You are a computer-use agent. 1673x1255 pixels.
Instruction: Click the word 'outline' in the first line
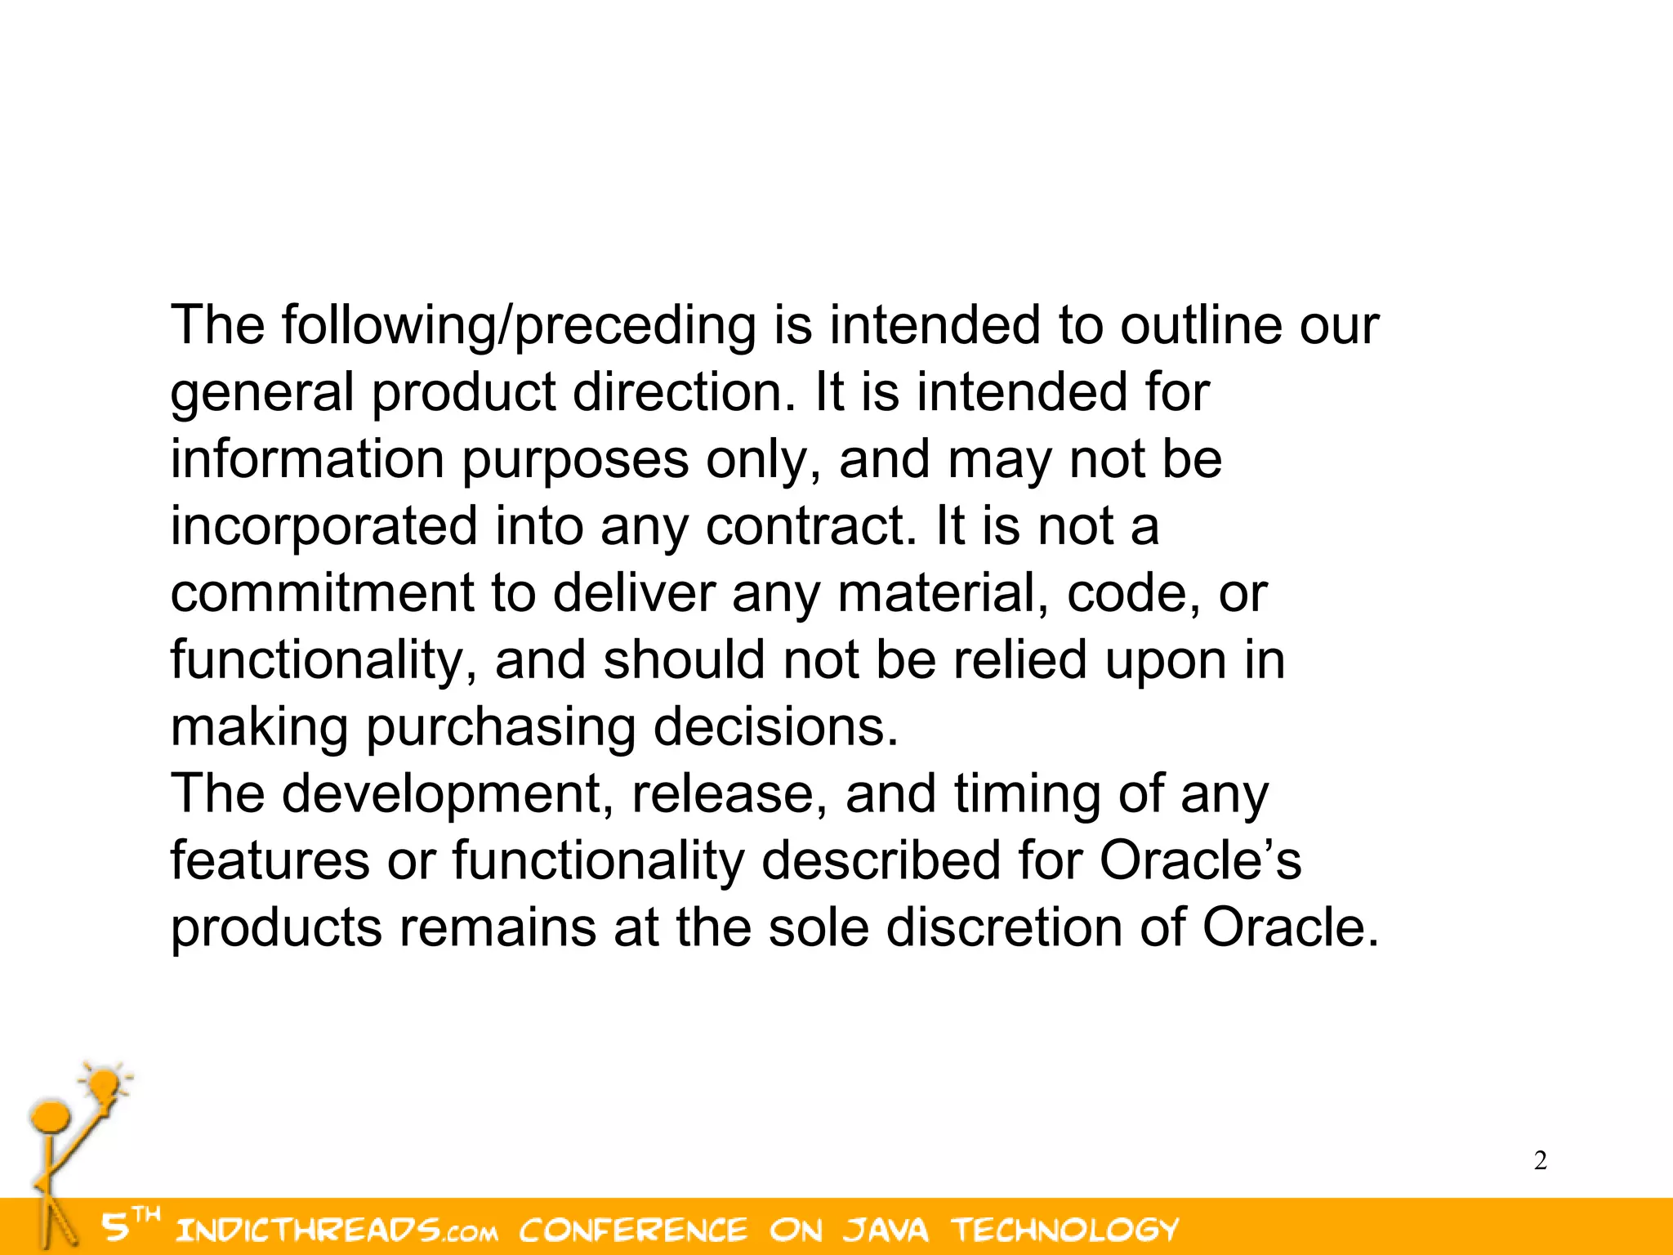[1201, 325]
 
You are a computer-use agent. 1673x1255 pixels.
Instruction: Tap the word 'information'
[307, 459]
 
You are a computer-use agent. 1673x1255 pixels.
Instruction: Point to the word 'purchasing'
[500, 729]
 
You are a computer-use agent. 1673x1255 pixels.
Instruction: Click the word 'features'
[270, 861]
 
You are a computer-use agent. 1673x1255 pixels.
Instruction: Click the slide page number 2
[1540, 1160]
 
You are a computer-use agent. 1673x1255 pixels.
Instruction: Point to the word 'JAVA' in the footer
[886, 1230]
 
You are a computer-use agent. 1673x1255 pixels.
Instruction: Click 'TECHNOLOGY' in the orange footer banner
[1065, 1230]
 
